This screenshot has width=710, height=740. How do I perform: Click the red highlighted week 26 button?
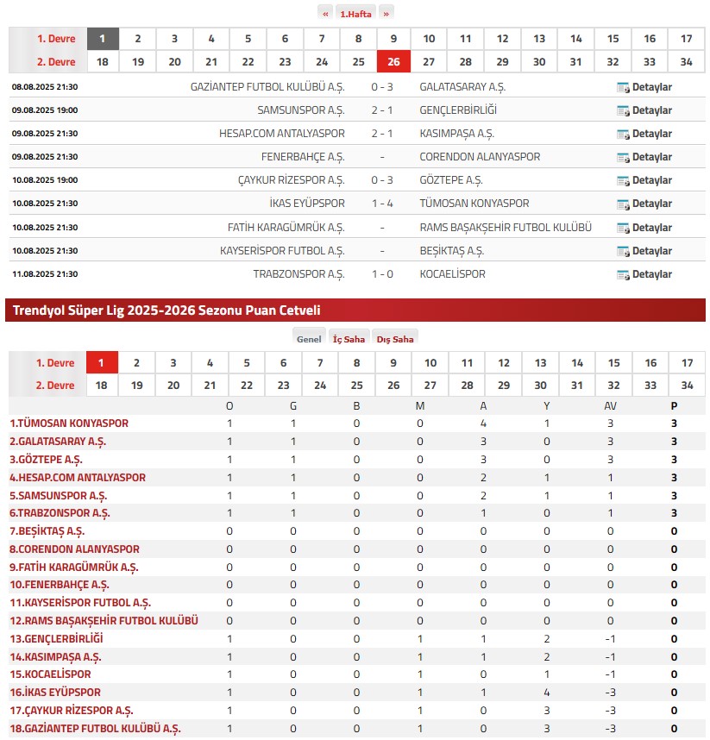(393, 62)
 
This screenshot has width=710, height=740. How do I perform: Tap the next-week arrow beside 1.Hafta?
(386, 13)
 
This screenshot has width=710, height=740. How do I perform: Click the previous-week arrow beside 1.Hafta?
(325, 13)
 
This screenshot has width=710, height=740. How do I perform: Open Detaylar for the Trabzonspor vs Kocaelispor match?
(644, 274)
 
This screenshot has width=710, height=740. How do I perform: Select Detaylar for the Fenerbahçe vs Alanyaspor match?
(644, 157)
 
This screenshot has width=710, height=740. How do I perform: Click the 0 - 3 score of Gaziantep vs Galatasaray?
(382, 87)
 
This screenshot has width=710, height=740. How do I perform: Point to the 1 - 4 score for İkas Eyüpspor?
(382, 204)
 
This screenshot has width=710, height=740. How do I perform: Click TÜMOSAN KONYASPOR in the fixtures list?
(474, 204)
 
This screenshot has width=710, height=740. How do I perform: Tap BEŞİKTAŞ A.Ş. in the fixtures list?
(451, 251)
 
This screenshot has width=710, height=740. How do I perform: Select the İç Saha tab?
(349, 339)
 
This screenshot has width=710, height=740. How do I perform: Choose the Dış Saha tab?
(395, 339)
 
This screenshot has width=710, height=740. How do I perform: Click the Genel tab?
(309, 339)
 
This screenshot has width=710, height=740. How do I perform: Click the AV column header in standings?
(611, 405)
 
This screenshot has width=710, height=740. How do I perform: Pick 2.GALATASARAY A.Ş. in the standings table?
(58, 442)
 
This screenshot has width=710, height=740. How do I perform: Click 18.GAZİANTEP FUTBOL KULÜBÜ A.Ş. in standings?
(95, 729)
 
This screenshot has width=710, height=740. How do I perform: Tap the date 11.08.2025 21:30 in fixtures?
(45, 274)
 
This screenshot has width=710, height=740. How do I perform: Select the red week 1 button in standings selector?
(102, 363)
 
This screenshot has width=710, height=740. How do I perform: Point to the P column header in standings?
(674, 405)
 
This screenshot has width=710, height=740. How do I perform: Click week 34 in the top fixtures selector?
(687, 62)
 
